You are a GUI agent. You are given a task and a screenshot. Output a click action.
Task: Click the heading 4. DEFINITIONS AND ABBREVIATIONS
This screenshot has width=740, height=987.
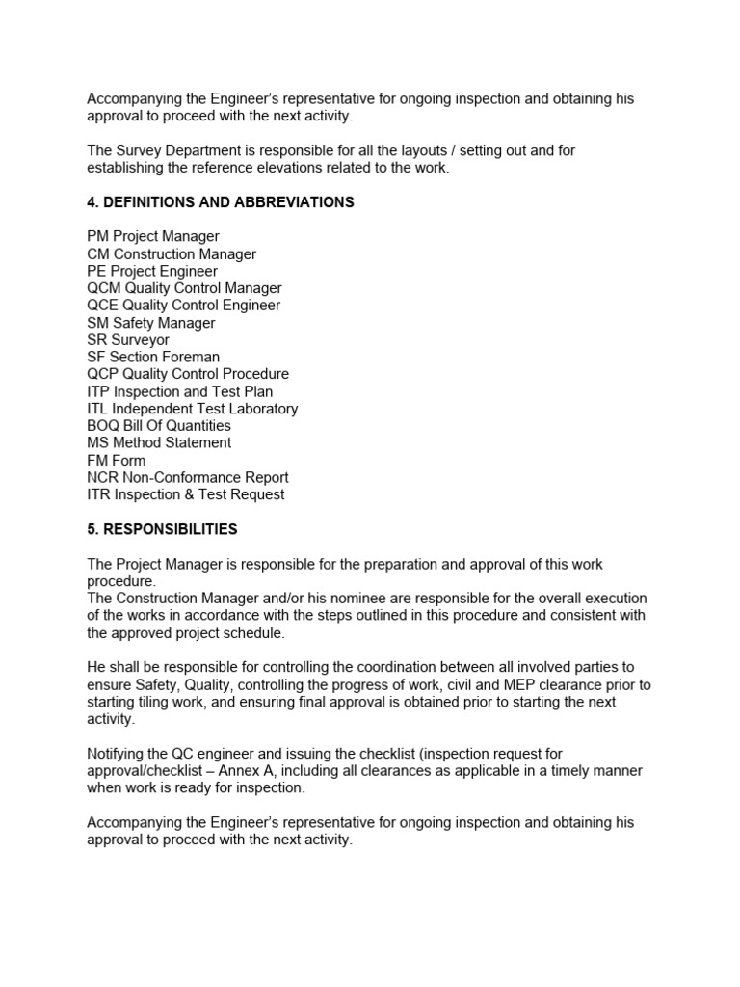(x=221, y=202)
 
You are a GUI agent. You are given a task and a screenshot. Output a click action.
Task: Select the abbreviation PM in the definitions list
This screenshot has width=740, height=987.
(x=98, y=236)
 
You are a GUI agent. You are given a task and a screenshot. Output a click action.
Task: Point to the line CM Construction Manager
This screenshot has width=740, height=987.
(x=172, y=253)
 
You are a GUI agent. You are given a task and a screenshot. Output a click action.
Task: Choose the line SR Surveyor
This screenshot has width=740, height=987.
(x=127, y=339)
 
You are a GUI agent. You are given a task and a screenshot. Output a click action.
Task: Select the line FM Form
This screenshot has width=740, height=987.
(x=117, y=460)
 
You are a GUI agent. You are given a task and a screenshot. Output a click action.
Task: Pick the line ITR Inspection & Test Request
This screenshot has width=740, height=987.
(x=186, y=494)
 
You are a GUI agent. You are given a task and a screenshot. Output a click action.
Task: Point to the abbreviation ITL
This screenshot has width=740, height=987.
(x=99, y=409)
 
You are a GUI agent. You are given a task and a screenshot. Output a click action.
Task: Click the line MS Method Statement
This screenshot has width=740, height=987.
(x=159, y=442)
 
